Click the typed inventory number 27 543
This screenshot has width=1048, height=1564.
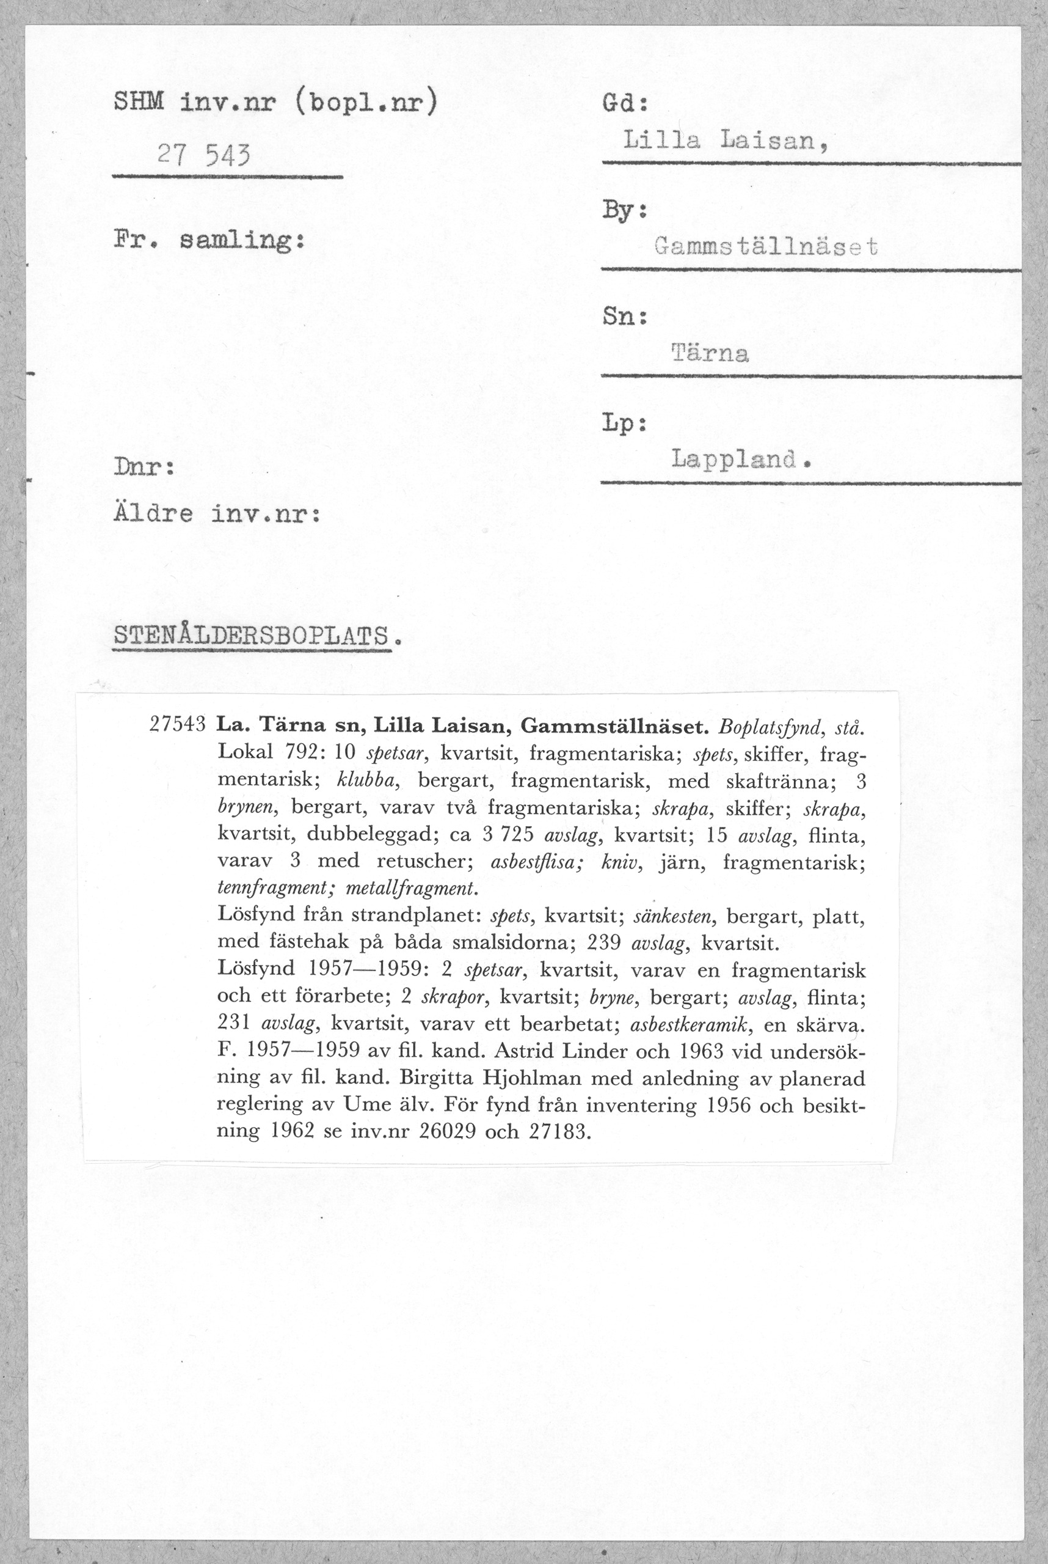[x=203, y=156]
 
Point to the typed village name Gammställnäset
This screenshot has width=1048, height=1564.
[x=766, y=248]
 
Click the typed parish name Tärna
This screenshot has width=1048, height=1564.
[x=710, y=353]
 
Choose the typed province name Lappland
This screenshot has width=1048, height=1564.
[x=741, y=459]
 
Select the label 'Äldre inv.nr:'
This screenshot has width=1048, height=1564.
[x=217, y=514]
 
